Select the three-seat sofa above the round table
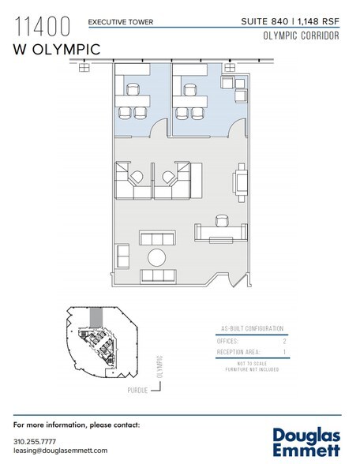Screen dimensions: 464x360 (157, 238)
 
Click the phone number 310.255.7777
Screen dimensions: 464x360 (34, 440)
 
